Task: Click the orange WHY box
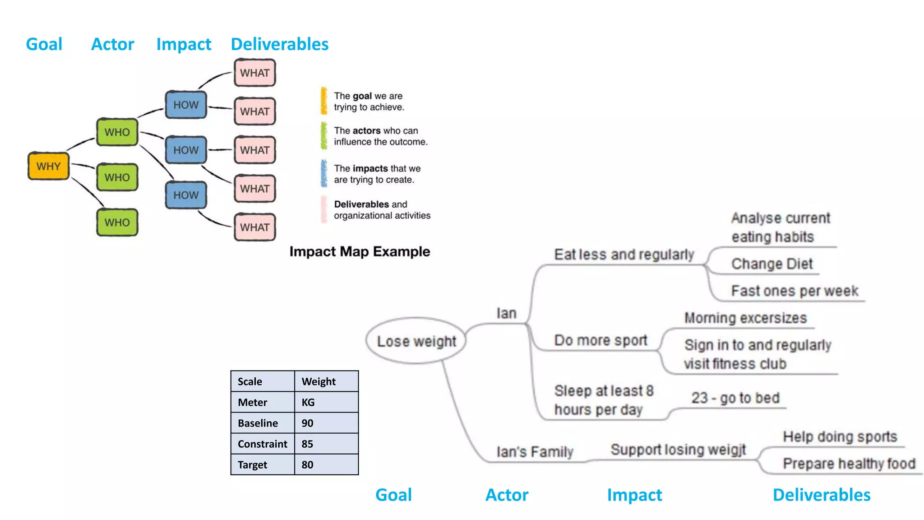48,166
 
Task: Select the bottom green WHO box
117,223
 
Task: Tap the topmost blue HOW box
186,105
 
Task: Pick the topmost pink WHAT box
254,73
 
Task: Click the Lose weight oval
416,341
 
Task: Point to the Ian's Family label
535,451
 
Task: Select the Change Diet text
772,264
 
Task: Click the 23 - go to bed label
735,398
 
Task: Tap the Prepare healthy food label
849,464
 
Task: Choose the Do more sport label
601,340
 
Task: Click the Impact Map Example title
360,251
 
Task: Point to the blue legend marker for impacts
324,173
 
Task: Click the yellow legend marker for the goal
324,101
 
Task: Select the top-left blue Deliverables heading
279,44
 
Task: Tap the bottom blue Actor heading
507,495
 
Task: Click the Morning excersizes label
745,318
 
